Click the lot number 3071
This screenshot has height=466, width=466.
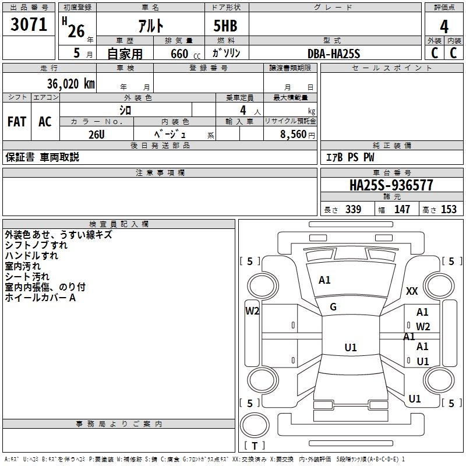point(29,26)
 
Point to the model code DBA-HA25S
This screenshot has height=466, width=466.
point(334,54)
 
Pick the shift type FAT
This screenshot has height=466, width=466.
point(16,122)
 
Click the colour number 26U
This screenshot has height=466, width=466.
point(97,134)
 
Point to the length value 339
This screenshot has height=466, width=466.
point(353,210)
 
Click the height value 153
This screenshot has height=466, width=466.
point(449,210)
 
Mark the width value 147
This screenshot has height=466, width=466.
point(402,210)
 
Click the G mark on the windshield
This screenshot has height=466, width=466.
point(333,307)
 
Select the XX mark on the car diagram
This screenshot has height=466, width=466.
point(412,291)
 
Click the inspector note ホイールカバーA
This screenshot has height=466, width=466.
point(40,298)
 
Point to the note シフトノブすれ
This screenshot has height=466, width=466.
point(36,245)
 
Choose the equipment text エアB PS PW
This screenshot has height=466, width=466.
point(349,158)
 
